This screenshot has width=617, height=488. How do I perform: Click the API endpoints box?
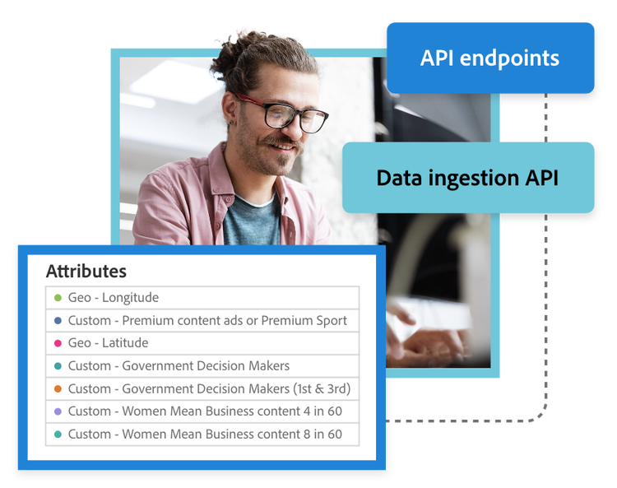(x=490, y=58)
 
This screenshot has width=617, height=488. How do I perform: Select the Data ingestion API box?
(x=468, y=178)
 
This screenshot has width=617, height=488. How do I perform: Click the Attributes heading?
(x=86, y=271)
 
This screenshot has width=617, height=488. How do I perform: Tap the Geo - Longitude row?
(x=202, y=298)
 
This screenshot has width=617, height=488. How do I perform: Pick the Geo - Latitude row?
(x=202, y=343)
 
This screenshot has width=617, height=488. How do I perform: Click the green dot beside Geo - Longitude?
(x=58, y=298)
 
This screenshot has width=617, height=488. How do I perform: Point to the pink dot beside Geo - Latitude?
(x=58, y=343)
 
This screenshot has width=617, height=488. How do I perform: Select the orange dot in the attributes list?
(x=58, y=388)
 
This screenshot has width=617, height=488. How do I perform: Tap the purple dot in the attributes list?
(x=58, y=411)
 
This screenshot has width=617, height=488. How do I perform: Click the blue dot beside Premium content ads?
(x=58, y=320)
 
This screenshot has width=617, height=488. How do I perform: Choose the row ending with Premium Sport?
(x=202, y=320)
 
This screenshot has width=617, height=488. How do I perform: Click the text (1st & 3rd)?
(x=322, y=388)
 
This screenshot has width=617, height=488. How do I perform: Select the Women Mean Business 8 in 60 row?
(x=202, y=434)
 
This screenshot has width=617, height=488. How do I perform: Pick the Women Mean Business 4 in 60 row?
(x=202, y=411)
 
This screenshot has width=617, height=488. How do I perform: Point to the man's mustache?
(x=281, y=142)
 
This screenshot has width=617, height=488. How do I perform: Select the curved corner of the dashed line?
(x=541, y=416)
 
